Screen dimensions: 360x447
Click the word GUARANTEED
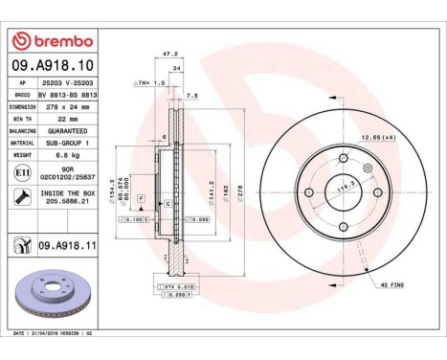click(x=68, y=129)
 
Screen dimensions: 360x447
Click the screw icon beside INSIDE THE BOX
click(x=22, y=196)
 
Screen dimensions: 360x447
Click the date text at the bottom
click(x=57, y=332)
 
